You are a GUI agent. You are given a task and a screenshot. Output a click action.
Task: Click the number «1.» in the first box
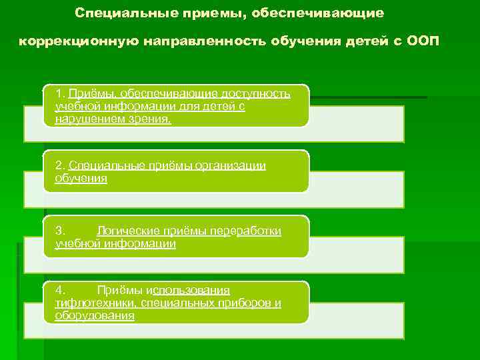point(61,93)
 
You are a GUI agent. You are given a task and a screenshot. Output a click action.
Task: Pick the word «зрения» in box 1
point(151,119)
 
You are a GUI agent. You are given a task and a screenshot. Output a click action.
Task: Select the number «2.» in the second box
point(61,166)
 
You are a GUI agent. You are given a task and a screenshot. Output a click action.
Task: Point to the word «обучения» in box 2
point(81,179)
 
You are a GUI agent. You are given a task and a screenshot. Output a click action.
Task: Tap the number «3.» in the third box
point(61,231)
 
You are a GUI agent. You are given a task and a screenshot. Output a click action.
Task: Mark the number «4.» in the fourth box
point(61,290)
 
